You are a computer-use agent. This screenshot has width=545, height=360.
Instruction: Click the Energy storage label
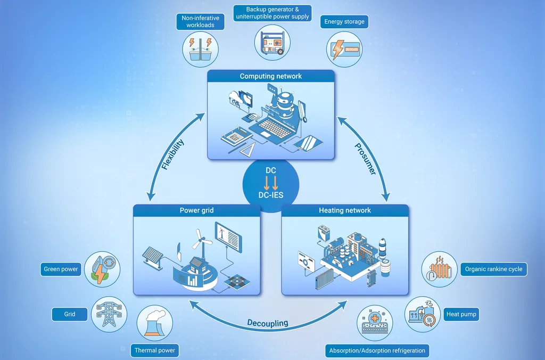(x=344, y=21)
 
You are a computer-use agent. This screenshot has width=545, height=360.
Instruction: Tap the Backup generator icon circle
(x=272, y=43)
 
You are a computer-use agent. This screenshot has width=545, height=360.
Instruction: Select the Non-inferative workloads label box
(x=200, y=21)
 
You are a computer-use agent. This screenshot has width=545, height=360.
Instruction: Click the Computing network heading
(x=271, y=76)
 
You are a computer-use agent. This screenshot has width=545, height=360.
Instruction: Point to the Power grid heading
(x=196, y=210)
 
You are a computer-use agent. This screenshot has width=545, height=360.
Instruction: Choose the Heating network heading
(x=345, y=210)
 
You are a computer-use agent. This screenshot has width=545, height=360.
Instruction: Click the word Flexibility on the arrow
(x=173, y=154)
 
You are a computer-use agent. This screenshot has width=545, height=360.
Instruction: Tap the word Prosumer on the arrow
(x=365, y=159)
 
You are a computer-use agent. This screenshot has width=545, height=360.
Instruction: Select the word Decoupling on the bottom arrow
(x=268, y=323)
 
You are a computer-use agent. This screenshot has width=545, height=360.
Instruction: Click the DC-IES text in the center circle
(x=271, y=195)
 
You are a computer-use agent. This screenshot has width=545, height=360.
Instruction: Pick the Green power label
(x=61, y=269)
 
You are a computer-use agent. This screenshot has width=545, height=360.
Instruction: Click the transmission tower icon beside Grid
(x=109, y=314)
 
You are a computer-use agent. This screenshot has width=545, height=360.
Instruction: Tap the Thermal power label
(x=155, y=350)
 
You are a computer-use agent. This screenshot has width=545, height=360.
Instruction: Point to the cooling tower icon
(x=155, y=323)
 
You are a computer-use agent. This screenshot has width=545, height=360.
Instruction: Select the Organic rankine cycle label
(x=493, y=269)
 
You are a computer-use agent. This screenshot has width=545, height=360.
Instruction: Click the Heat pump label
(x=461, y=314)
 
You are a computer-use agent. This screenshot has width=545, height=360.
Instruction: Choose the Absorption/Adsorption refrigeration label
(x=377, y=350)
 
